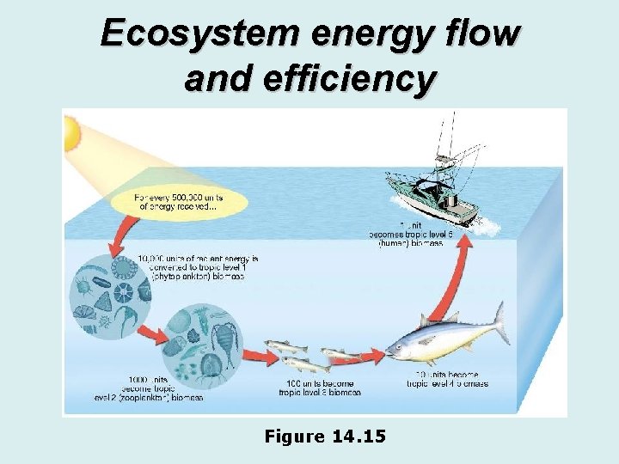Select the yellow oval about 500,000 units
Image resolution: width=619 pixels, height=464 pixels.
[x=179, y=203]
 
